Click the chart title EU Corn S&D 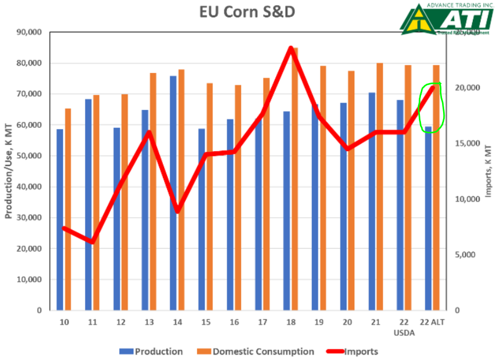point(248,12)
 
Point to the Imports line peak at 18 point(291,48)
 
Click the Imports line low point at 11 point(93,242)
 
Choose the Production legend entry point(152,351)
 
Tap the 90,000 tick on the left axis point(30,32)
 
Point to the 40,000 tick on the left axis point(30,187)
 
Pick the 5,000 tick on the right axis point(464,255)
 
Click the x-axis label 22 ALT point(433,322)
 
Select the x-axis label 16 point(234,322)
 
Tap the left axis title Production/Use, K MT point(9,172)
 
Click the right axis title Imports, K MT point(488,172)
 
